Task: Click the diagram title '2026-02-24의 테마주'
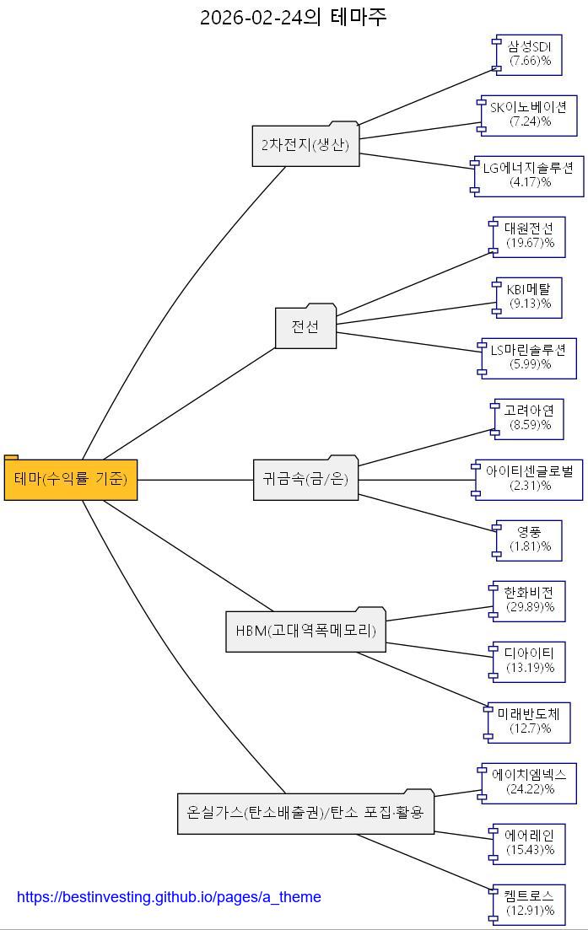tap(294, 17)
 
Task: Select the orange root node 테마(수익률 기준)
tap(71, 479)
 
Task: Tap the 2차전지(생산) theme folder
tap(305, 145)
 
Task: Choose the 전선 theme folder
tap(305, 327)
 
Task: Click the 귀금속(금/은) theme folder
tap(305, 479)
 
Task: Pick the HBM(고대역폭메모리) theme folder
tap(305, 631)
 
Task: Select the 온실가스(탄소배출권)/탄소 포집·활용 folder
tap(305, 813)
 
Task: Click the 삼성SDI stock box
tap(530, 54)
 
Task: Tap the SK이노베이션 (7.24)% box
tap(530, 115)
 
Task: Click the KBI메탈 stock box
tap(530, 297)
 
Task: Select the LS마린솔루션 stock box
tap(530, 357)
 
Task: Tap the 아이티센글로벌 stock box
tap(530, 479)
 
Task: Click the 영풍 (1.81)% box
tap(530, 540)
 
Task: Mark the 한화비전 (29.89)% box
tap(530, 600)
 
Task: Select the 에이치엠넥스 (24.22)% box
tap(530, 782)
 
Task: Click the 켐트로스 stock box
tap(530, 904)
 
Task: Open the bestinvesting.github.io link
tap(169, 897)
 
